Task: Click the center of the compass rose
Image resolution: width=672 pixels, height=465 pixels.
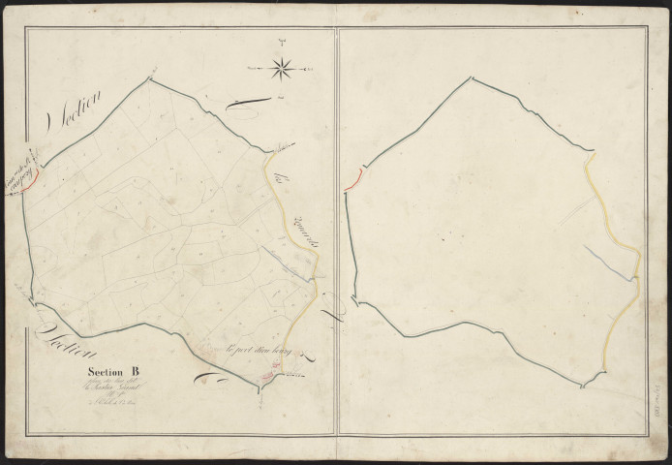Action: [283, 68]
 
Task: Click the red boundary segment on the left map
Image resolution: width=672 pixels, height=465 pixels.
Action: [31, 174]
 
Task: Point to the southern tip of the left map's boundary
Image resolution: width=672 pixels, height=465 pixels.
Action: [260, 390]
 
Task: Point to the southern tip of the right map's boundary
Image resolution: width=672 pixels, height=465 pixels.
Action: [583, 387]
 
